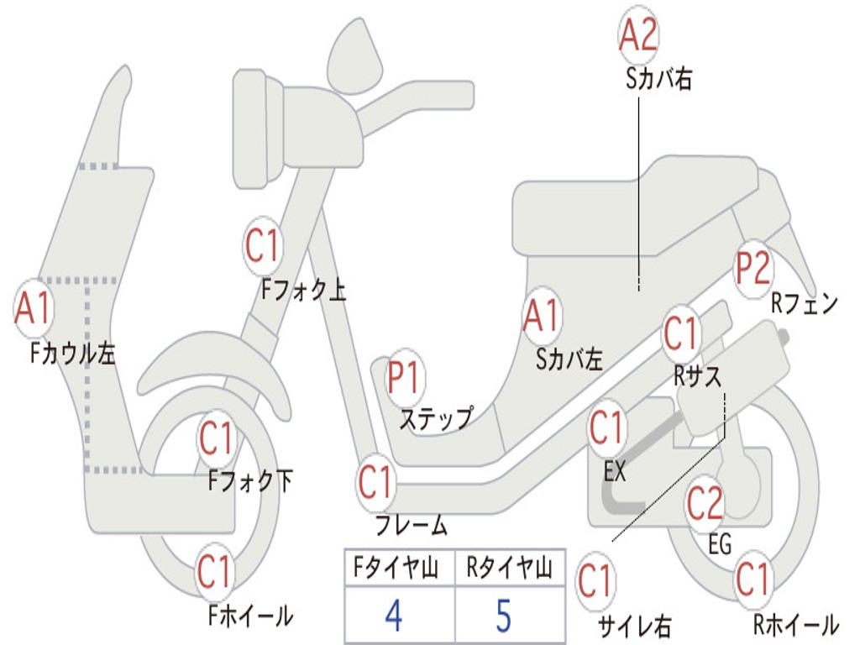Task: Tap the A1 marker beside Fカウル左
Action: pyautogui.click(x=33, y=307)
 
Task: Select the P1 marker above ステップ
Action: pyautogui.click(x=404, y=377)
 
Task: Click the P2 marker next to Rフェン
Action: pyautogui.click(x=753, y=268)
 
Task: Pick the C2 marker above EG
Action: pyautogui.click(x=705, y=503)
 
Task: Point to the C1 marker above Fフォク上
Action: pyautogui.click(x=263, y=245)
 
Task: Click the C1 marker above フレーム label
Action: pyautogui.click(x=375, y=482)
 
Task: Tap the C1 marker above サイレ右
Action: pyautogui.click(x=595, y=581)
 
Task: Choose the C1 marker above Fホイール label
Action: pyautogui.click(x=214, y=571)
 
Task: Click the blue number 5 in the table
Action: pyautogui.click(x=504, y=616)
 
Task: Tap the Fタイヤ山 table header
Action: pyautogui.click(x=396, y=567)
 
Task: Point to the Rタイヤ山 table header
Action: pyautogui.click(x=510, y=567)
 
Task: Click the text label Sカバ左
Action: pyautogui.click(x=569, y=359)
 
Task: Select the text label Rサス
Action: pyautogui.click(x=697, y=376)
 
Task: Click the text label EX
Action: pyautogui.click(x=614, y=471)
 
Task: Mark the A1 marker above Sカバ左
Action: pyautogui.click(x=542, y=316)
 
